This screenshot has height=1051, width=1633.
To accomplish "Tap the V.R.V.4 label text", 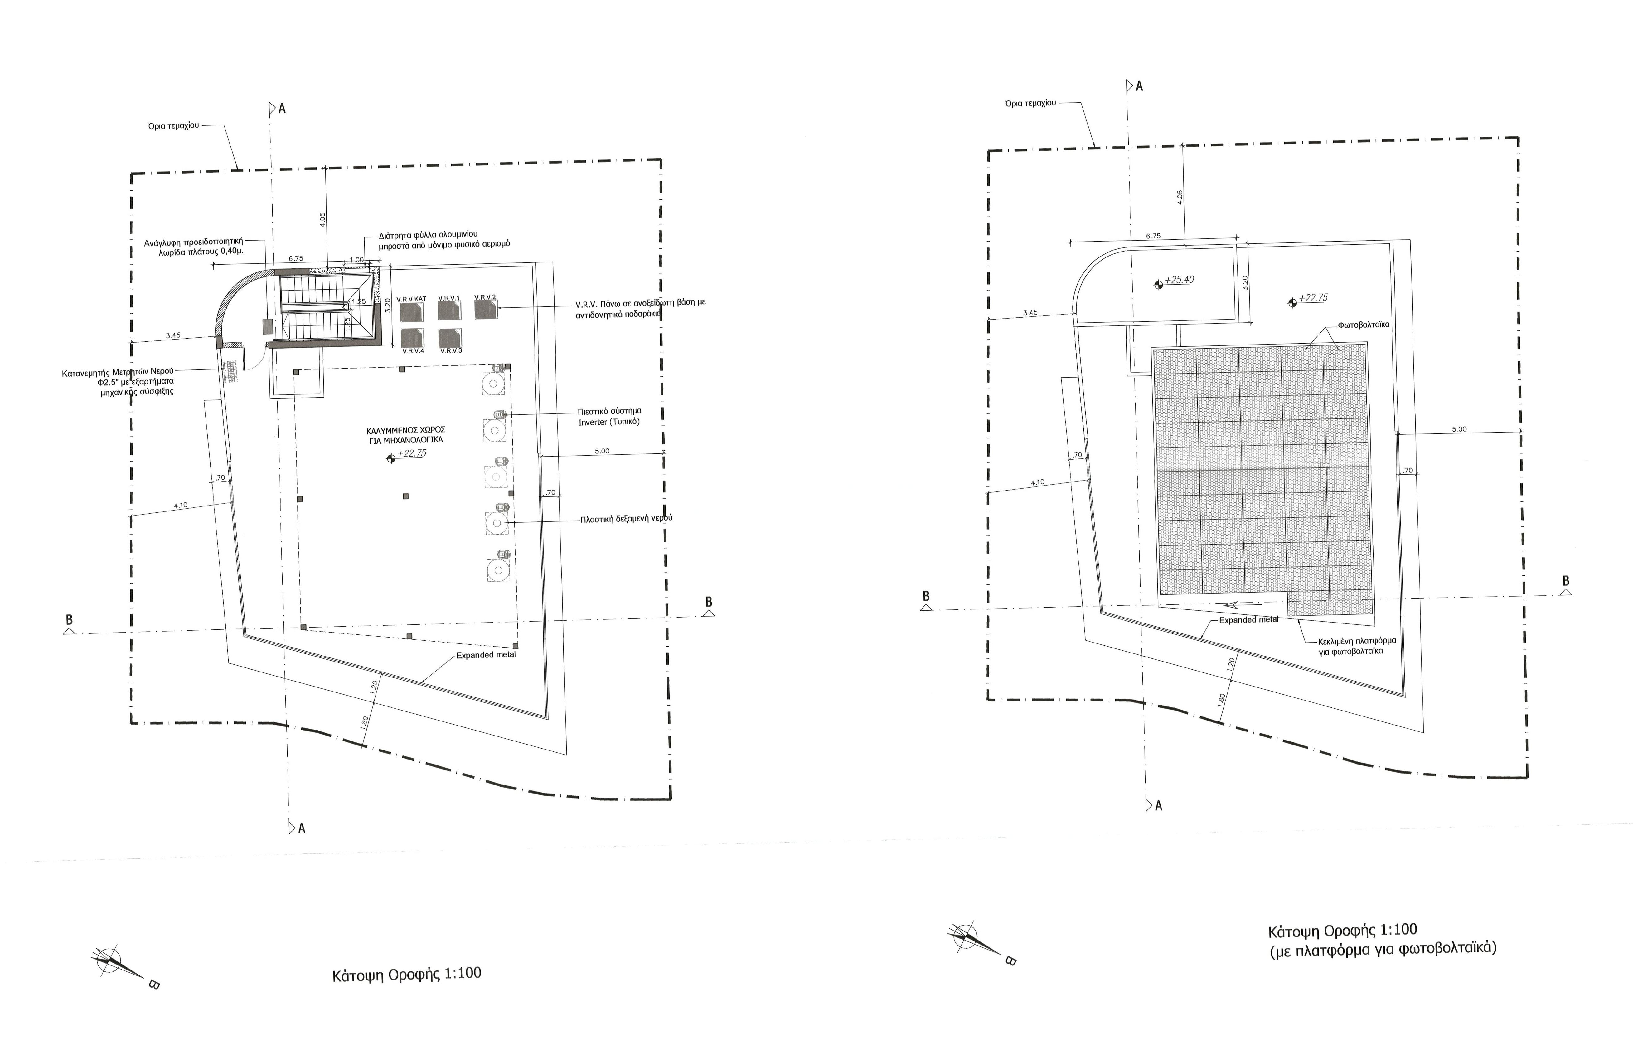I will (x=413, y=351).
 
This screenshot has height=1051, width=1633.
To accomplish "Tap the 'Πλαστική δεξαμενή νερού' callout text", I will (x=626, y=518).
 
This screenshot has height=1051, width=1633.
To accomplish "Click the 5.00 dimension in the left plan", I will (x=602, y=451).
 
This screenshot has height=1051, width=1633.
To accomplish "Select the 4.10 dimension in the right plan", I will (x=1037, y=482).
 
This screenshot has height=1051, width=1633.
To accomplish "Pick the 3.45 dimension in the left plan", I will (x=173, y=335).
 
